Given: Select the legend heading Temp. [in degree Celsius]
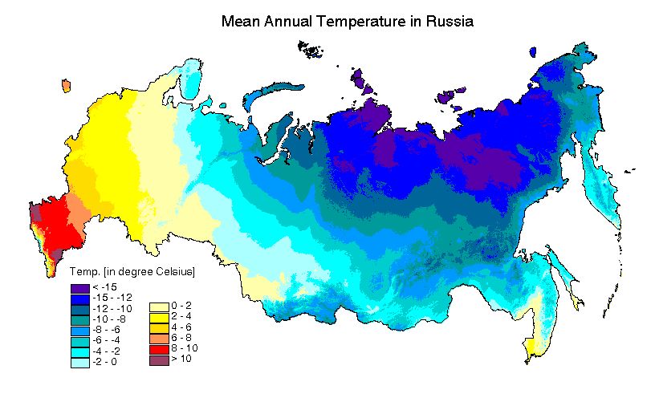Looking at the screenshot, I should tap(133, 273).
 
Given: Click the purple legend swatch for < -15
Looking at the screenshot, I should tap(79, 287).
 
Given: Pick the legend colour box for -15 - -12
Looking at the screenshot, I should tap(79, 298).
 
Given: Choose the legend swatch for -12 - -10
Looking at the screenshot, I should tap(79, 309).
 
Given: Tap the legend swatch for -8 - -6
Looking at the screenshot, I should tap(79, 331).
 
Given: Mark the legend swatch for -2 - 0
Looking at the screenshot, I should tap(79, 363).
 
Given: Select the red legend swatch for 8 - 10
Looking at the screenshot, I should tap(159, 350).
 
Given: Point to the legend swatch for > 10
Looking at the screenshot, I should tap(159, 361).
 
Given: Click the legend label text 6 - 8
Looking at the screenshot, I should tap(181, 339).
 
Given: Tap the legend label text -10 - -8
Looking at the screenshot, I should tap(108, 320).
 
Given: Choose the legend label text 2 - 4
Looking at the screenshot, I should tap(181, 318).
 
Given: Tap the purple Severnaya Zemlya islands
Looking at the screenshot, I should tap(364, 80).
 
